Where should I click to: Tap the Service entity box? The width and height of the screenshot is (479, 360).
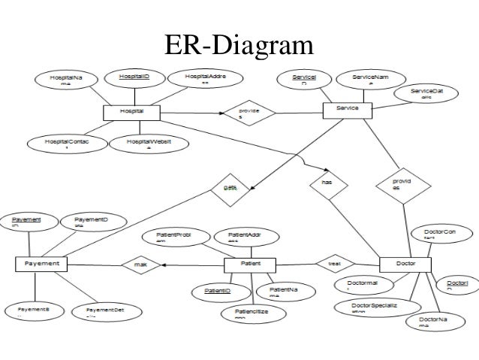(348, 110)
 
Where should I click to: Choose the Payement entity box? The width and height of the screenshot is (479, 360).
(41, 264)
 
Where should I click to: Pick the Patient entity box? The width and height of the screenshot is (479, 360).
(250, 264)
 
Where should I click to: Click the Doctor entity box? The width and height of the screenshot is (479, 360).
(405, 264)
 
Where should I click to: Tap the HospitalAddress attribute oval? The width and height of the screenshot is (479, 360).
(203, 78)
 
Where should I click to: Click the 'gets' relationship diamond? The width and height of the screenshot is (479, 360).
(228, 187)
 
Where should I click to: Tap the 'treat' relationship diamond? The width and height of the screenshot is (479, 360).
(330, 264)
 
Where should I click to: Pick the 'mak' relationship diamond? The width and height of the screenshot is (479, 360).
(140, 264)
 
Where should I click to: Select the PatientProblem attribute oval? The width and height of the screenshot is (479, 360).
(169, 237)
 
